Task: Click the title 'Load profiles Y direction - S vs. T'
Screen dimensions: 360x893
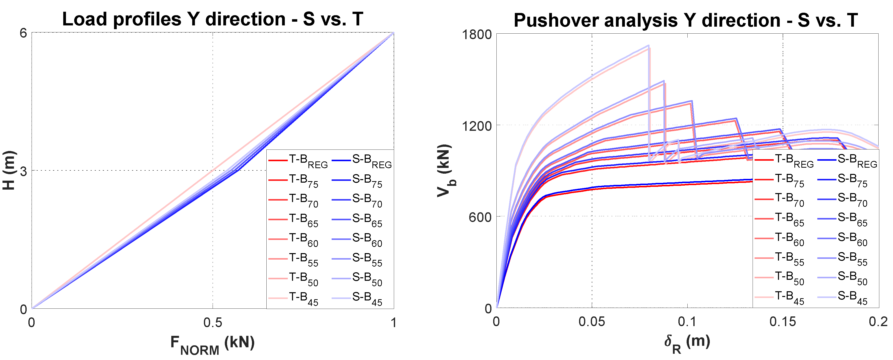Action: (213, 19)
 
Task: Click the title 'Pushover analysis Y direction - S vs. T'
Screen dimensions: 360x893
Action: (685, 20)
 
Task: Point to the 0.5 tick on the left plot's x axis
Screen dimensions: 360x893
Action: (213, 323)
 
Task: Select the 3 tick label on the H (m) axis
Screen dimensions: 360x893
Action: (23, 171)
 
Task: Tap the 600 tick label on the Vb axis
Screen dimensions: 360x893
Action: (480, 217)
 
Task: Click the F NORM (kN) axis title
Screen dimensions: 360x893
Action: (213, 344)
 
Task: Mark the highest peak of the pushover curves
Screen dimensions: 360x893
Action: (648, 45)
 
